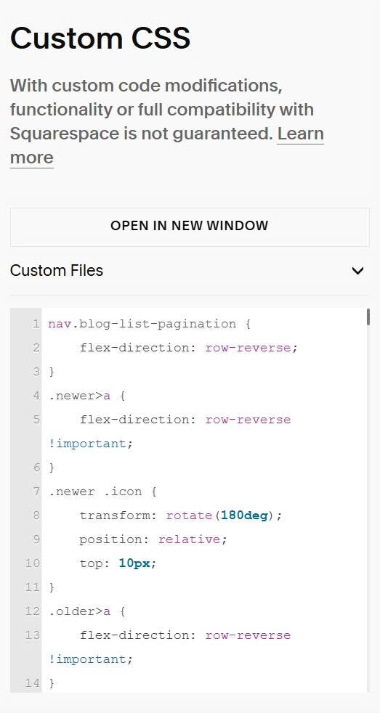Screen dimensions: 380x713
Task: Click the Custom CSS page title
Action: pos(100,38)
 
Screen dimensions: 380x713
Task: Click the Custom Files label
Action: pos(57,271)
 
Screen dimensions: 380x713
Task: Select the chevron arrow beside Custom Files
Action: pos(357,271)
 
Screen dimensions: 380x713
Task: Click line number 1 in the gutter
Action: pos(36,325)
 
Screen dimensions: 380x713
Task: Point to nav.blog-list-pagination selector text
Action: pos(142,325)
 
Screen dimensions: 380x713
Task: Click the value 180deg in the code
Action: pos(244,516)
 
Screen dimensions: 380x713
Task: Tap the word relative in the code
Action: pos(189,539)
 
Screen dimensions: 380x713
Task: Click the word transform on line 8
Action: pos(110,516)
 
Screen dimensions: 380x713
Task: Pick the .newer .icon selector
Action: pos(95,492)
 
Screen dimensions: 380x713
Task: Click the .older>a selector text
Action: pos(79,611)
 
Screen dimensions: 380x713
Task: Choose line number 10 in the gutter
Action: pos(32,563)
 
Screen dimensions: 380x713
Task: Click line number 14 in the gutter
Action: pos(32,683)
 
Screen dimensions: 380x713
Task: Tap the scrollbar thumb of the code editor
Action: pos(368,317)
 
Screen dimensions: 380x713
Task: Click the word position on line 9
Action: pos(110,539)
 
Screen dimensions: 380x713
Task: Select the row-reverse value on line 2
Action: pos(248,348)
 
